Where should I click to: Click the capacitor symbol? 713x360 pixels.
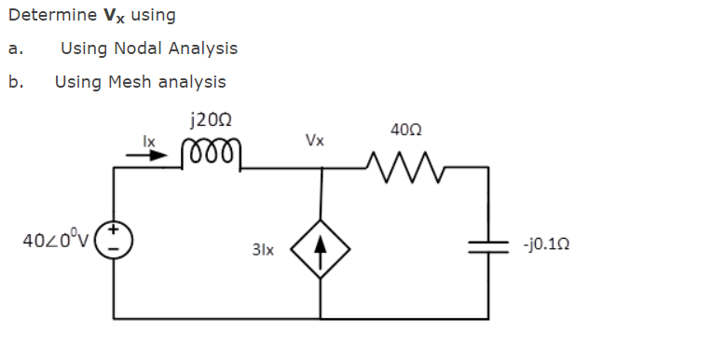coord(487,243)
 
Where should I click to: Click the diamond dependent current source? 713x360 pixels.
coord(322,249)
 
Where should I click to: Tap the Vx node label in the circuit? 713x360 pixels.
coord(315,141)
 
